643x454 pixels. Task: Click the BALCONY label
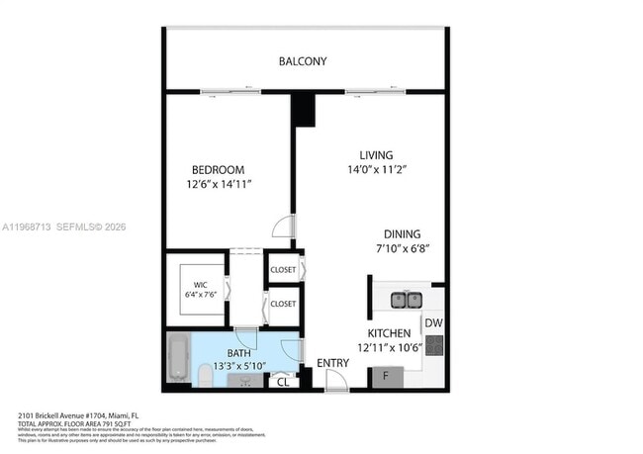coord(302,61)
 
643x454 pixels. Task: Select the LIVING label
coord(376,155)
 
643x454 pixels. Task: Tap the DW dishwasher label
coord(433,323)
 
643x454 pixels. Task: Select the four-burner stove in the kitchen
coord(434,346)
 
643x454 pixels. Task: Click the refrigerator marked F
coord(386,377)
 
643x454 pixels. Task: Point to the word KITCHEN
coord(389,333)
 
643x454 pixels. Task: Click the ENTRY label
coord(332,363)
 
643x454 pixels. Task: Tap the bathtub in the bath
coord(179,358)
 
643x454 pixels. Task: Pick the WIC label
coord(200,284)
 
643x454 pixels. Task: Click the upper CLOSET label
coord(283,267)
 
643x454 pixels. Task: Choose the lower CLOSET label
coord(283,304)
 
